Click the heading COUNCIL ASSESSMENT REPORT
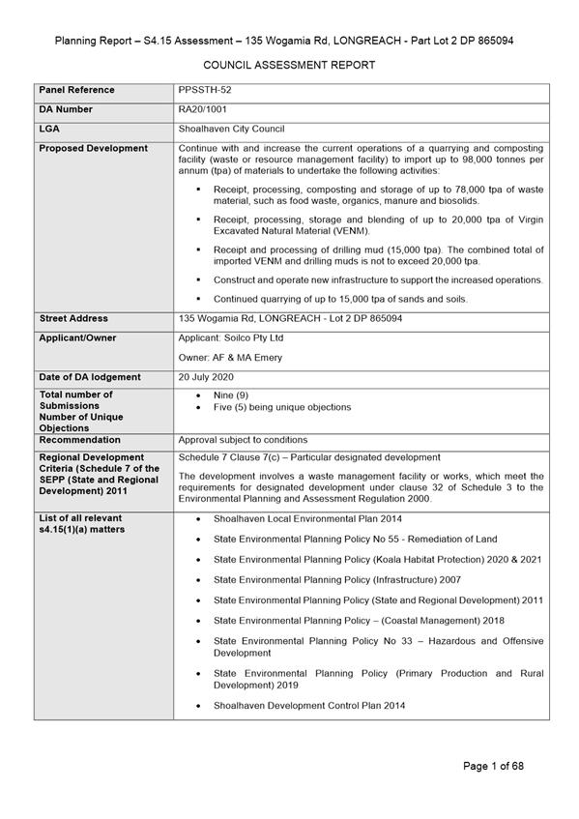289,65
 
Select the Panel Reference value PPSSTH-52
205,90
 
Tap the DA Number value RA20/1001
203,109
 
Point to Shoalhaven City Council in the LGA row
231,129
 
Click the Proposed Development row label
93,148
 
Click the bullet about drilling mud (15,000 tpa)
377,255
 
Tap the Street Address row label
73,318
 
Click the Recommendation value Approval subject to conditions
243,439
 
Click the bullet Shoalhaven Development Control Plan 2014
309,706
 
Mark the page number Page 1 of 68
493,766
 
